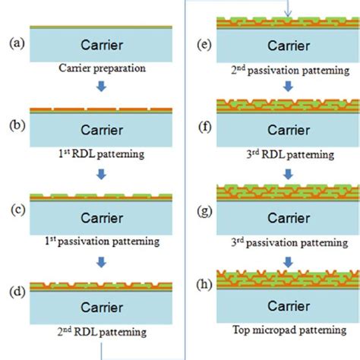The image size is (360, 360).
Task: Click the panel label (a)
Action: (x=14, y=44)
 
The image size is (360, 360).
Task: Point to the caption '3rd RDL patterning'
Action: (x=288, y=154)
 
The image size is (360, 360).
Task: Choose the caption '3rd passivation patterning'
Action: (x=288, y=242)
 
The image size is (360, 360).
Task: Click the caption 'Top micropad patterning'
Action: (x=288, y=332)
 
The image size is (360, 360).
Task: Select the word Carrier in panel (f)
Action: (x=288, y=132)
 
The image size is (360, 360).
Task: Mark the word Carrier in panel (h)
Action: (x=288, y=307)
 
